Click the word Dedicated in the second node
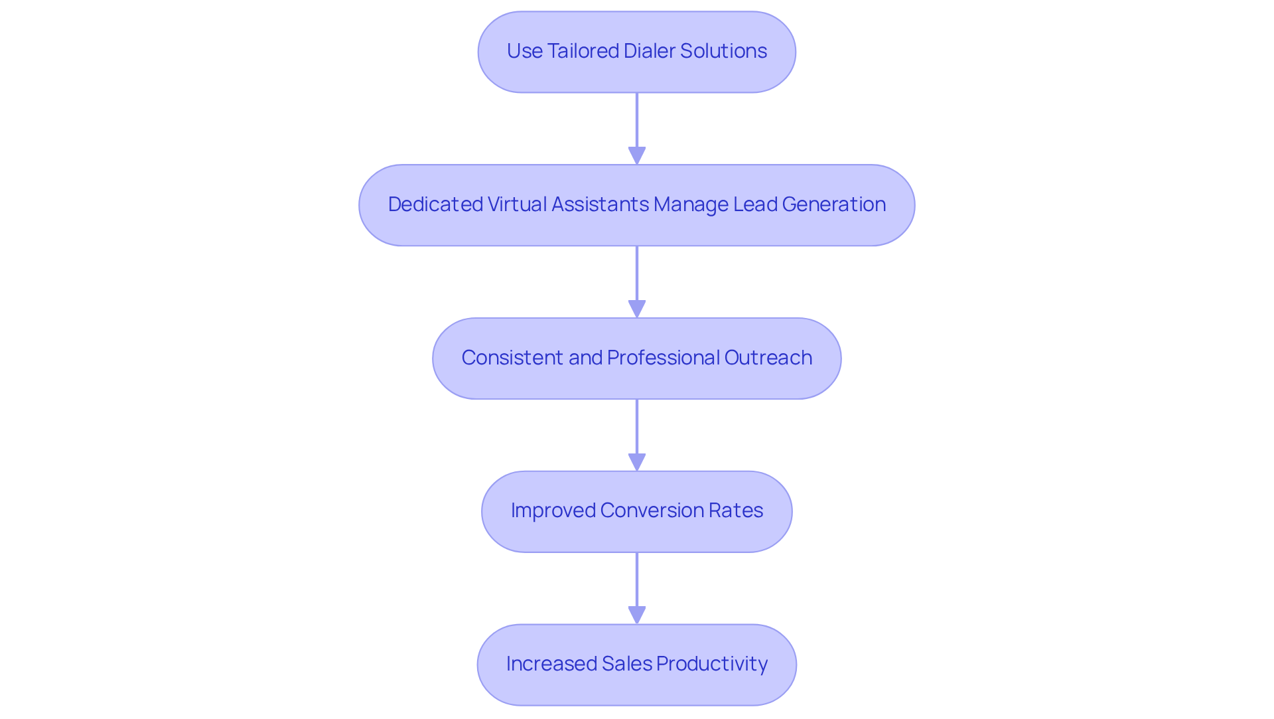coord(435,204)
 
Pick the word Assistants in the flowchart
coord(600,204)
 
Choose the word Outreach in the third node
coord(768,358)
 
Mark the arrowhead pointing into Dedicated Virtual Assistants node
coord(637,155)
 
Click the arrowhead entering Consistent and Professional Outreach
coord(637,309)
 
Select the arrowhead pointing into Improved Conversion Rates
coord(637,462)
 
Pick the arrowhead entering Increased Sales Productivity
coord(637,615)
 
